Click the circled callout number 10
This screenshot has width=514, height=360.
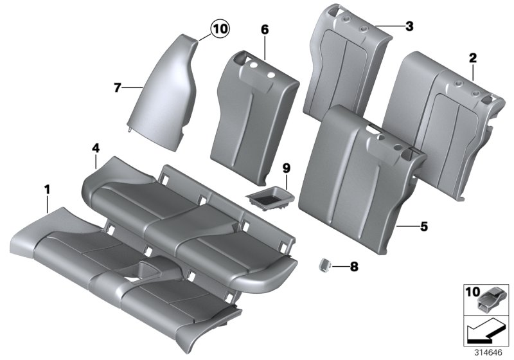tap(220, 29)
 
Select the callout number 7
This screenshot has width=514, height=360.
tap(118, 87)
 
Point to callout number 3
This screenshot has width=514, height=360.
tap(409, 26)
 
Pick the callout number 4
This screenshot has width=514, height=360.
tap(95, 148)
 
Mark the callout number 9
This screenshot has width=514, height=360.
tap(287, 168)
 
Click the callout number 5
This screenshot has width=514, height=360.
tap(423, 226)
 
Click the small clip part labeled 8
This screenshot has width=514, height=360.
tap(325, 263)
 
